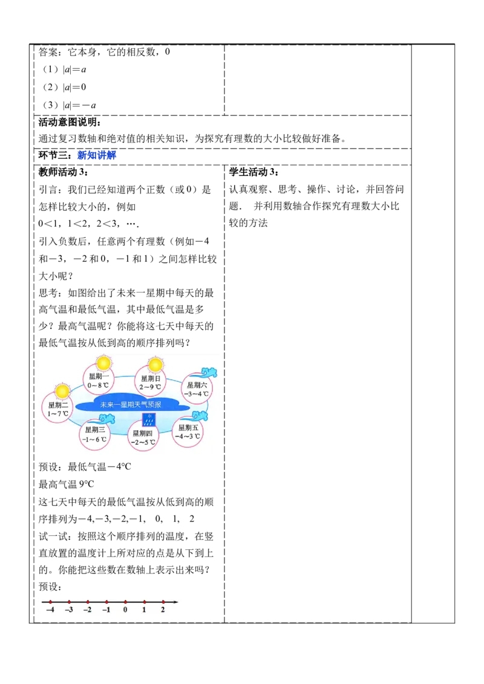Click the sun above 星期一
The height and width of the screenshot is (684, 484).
pos(103,363)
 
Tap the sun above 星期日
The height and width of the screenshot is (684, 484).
pos(155,364)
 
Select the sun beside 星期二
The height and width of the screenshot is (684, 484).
pos(63,391)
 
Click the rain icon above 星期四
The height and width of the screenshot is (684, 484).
pos(147,419)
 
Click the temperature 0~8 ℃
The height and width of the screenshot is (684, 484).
pos(98,385)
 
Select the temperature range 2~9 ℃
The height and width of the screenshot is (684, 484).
pos(149,387)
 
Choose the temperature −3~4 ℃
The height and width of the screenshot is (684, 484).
pos(197,394)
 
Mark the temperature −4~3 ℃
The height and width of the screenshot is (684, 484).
pos(188,436)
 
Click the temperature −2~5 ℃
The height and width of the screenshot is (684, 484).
pos(143,442)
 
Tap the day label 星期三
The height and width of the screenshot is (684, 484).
pos(94,430)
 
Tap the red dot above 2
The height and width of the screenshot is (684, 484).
pos(163,602)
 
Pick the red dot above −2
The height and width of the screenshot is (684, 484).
pos(88,602)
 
